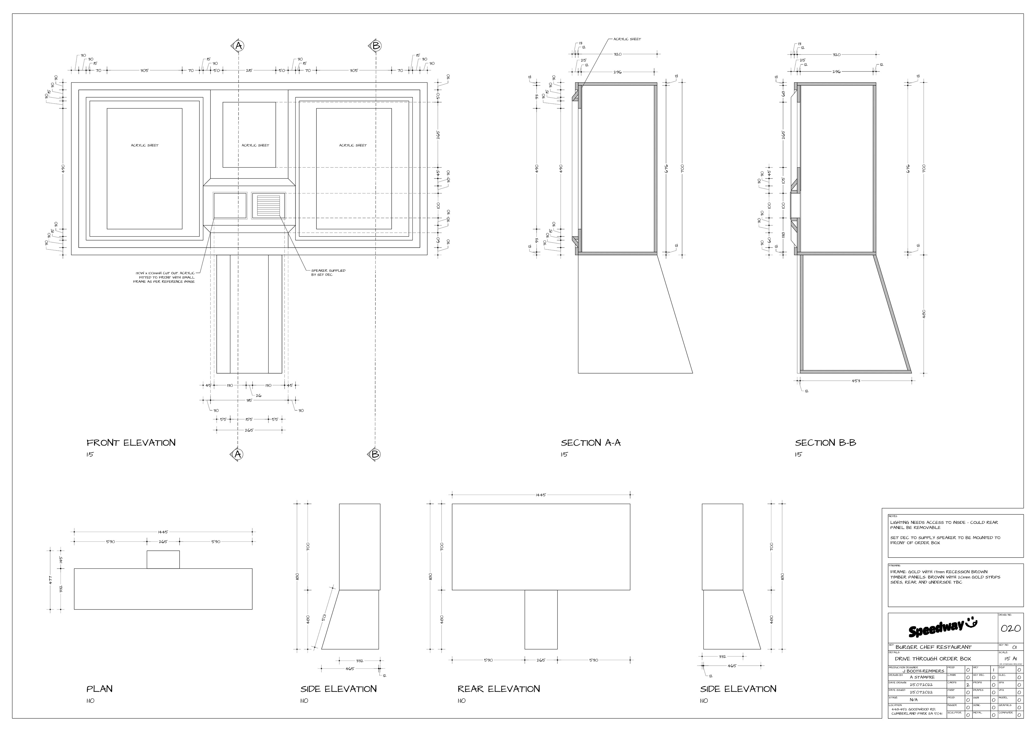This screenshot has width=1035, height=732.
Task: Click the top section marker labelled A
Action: tap(239, 46)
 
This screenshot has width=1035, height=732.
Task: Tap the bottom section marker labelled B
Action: tap(375, 454)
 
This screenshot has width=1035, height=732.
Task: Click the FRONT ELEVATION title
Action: tap(131, 443)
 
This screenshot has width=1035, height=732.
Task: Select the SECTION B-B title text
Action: tap(825, 443)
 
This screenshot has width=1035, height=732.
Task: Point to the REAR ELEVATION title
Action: tap(499, 689)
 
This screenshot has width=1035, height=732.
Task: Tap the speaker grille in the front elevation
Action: tap(269, 206)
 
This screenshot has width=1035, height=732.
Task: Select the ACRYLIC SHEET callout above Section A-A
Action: tap(627, 39)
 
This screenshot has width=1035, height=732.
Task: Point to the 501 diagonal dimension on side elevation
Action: tap(325, 617)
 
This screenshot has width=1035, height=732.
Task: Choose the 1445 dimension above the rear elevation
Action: tap(540, 495)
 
